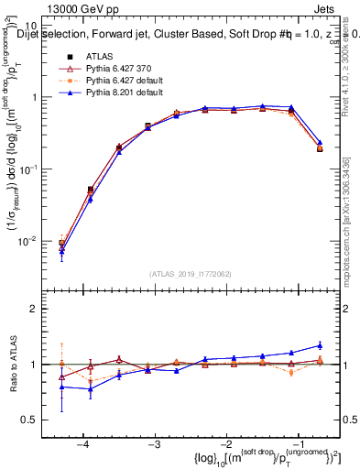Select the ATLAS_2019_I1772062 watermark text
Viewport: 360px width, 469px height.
tap(191, 273)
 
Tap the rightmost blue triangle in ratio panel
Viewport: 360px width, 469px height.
tap(319, 345)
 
